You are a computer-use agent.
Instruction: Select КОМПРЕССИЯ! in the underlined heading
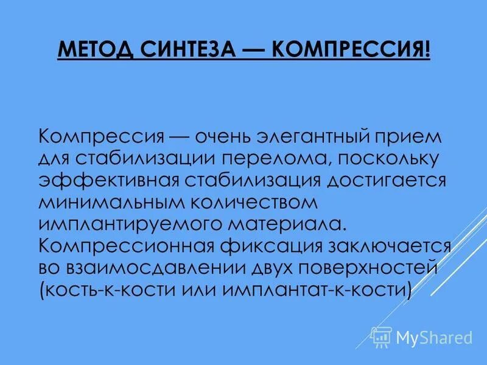351,49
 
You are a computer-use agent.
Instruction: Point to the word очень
238,136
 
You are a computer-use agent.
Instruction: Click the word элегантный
320,136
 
